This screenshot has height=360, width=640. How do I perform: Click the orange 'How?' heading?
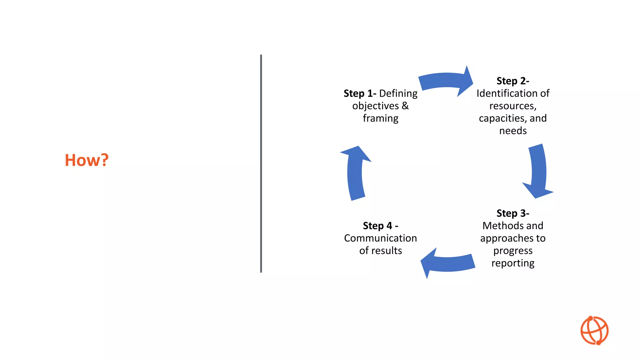pos(87,160)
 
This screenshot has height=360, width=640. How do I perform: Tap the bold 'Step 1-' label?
pos(359,93)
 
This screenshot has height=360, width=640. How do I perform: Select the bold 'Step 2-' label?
pos(512,81)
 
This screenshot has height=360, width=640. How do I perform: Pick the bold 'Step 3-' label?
pos(512,213)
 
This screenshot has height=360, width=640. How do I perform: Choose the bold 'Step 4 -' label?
pos(380,226)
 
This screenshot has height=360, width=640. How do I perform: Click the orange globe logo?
pos(594,331)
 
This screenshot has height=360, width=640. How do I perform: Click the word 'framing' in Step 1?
pos(380,118)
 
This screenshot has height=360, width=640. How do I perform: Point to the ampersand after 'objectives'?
pos(405,106)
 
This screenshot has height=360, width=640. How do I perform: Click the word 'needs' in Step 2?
pos(512,131)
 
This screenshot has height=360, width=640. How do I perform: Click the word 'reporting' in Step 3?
pos(512,263)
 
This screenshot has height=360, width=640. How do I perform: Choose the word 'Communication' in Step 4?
pos(380,238)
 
